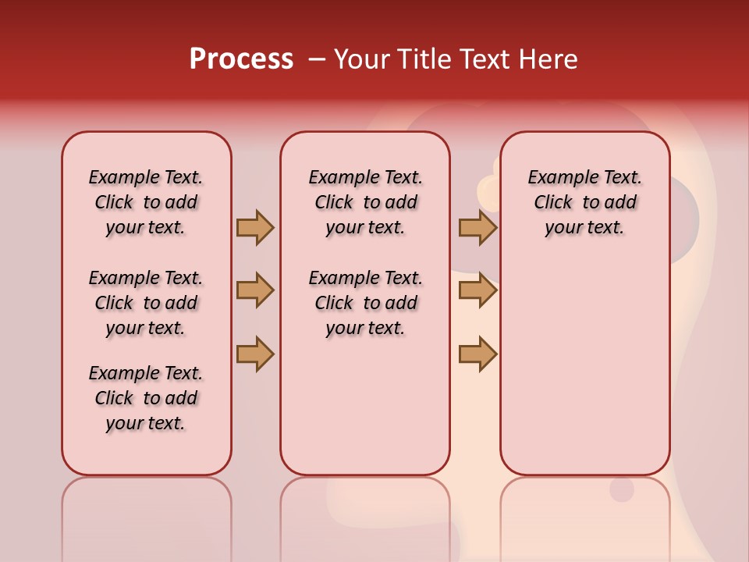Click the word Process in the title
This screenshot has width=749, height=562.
(x=241, y=59)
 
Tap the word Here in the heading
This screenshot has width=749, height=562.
(x=549, y=59)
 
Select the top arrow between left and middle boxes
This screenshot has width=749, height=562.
(x=255, y=228)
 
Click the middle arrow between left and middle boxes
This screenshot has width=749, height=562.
(x=255, y=290)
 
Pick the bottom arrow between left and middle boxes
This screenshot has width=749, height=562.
(x=255, y=354)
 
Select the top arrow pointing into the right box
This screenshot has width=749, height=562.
(x=477, y=228)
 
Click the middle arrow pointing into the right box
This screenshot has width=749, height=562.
(x=477, y=290)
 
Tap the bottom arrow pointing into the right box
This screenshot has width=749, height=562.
(x=477, y=354)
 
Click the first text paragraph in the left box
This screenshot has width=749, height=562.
(x=146, y=202)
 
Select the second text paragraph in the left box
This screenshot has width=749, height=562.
(x=146, y=303)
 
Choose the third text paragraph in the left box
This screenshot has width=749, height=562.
(x=146, y=398)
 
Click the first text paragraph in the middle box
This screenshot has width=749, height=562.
(x=366, y=202)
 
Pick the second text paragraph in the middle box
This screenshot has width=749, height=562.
(x=366, y=303)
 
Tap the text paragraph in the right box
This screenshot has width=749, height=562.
(x=585, y=202)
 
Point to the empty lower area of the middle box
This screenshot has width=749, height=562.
(x=366, y=406)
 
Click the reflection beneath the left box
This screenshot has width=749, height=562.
(x=147, y=515)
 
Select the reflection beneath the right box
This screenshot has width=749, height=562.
(x=585, y=515)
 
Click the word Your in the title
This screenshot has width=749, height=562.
(x=361, y=59)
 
